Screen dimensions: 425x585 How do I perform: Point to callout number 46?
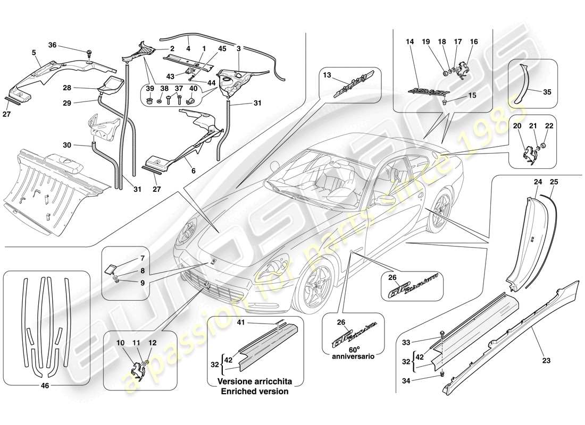pyautogui.click(x=45, y=386)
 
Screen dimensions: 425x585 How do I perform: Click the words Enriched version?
pyautogui.click(x=256, y=391)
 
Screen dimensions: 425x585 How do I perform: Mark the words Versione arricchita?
pyautogui.click(x=256, y=382)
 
